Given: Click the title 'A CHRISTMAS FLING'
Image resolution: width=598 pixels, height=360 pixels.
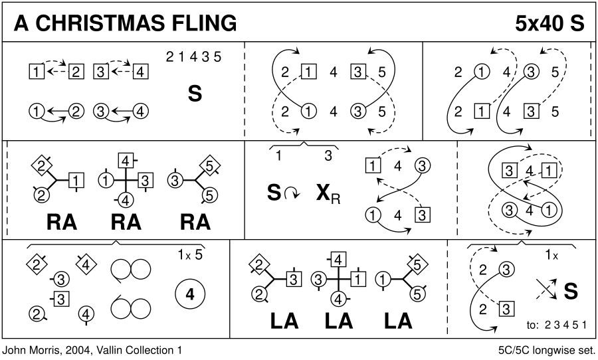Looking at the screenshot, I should click(x=126, y=23).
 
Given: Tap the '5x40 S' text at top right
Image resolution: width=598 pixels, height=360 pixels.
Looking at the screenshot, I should click(x=549, y=23).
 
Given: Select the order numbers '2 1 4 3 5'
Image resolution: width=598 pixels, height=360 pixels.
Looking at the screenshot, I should click(x=193, y=57).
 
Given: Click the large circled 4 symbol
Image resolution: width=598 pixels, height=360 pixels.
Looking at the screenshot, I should click(x=190, y=296).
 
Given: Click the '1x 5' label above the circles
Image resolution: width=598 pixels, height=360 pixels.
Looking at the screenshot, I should click(x=189, y=254).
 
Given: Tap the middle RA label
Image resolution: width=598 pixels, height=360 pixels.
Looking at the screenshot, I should click(x=126, y=223).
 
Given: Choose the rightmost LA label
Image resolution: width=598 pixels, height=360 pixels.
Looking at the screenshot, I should click(x=398, y=321).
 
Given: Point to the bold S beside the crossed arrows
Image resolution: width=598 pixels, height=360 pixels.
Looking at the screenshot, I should click(x=569, y=290).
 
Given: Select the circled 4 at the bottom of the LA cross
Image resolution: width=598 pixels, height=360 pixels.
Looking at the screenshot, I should click(x=340, y=298).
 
